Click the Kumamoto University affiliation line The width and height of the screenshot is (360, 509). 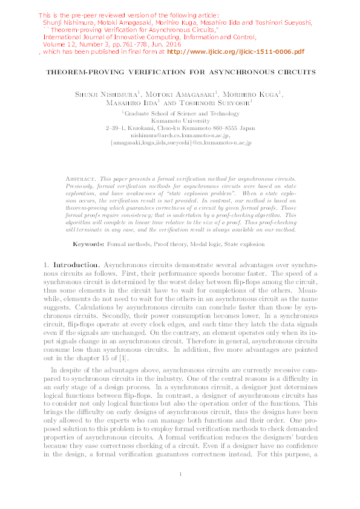[x=180, y=120]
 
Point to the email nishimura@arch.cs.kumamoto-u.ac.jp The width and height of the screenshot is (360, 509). [x=180, y=135]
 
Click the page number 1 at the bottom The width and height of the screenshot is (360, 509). [x=180, y=490]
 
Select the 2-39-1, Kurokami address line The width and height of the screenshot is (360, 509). [x=180, y=128]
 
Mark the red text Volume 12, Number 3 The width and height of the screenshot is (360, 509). [x=70, y=44]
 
